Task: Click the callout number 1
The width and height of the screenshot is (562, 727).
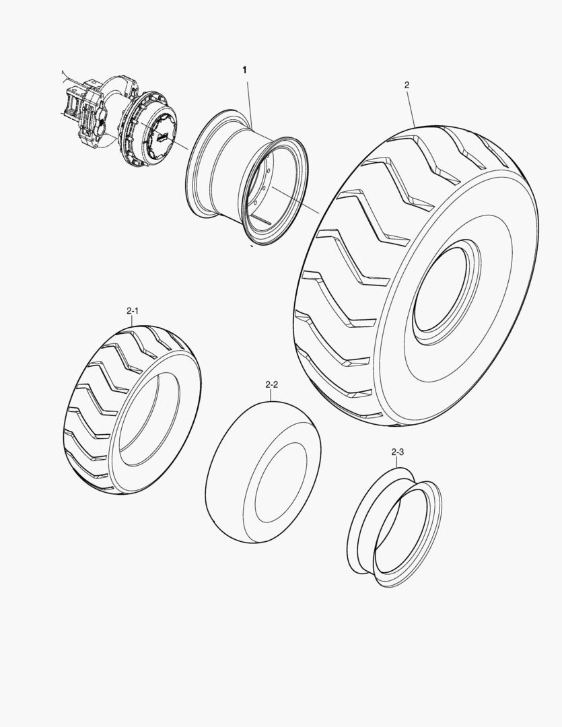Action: coord(244,70)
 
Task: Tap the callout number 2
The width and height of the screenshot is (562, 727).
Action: coord(407,85)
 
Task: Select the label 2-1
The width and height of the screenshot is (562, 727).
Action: coord(133,311)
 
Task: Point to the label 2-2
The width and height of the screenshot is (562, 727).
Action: coord(272,384)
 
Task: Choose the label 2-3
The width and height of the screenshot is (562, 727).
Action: coord(397,452)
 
